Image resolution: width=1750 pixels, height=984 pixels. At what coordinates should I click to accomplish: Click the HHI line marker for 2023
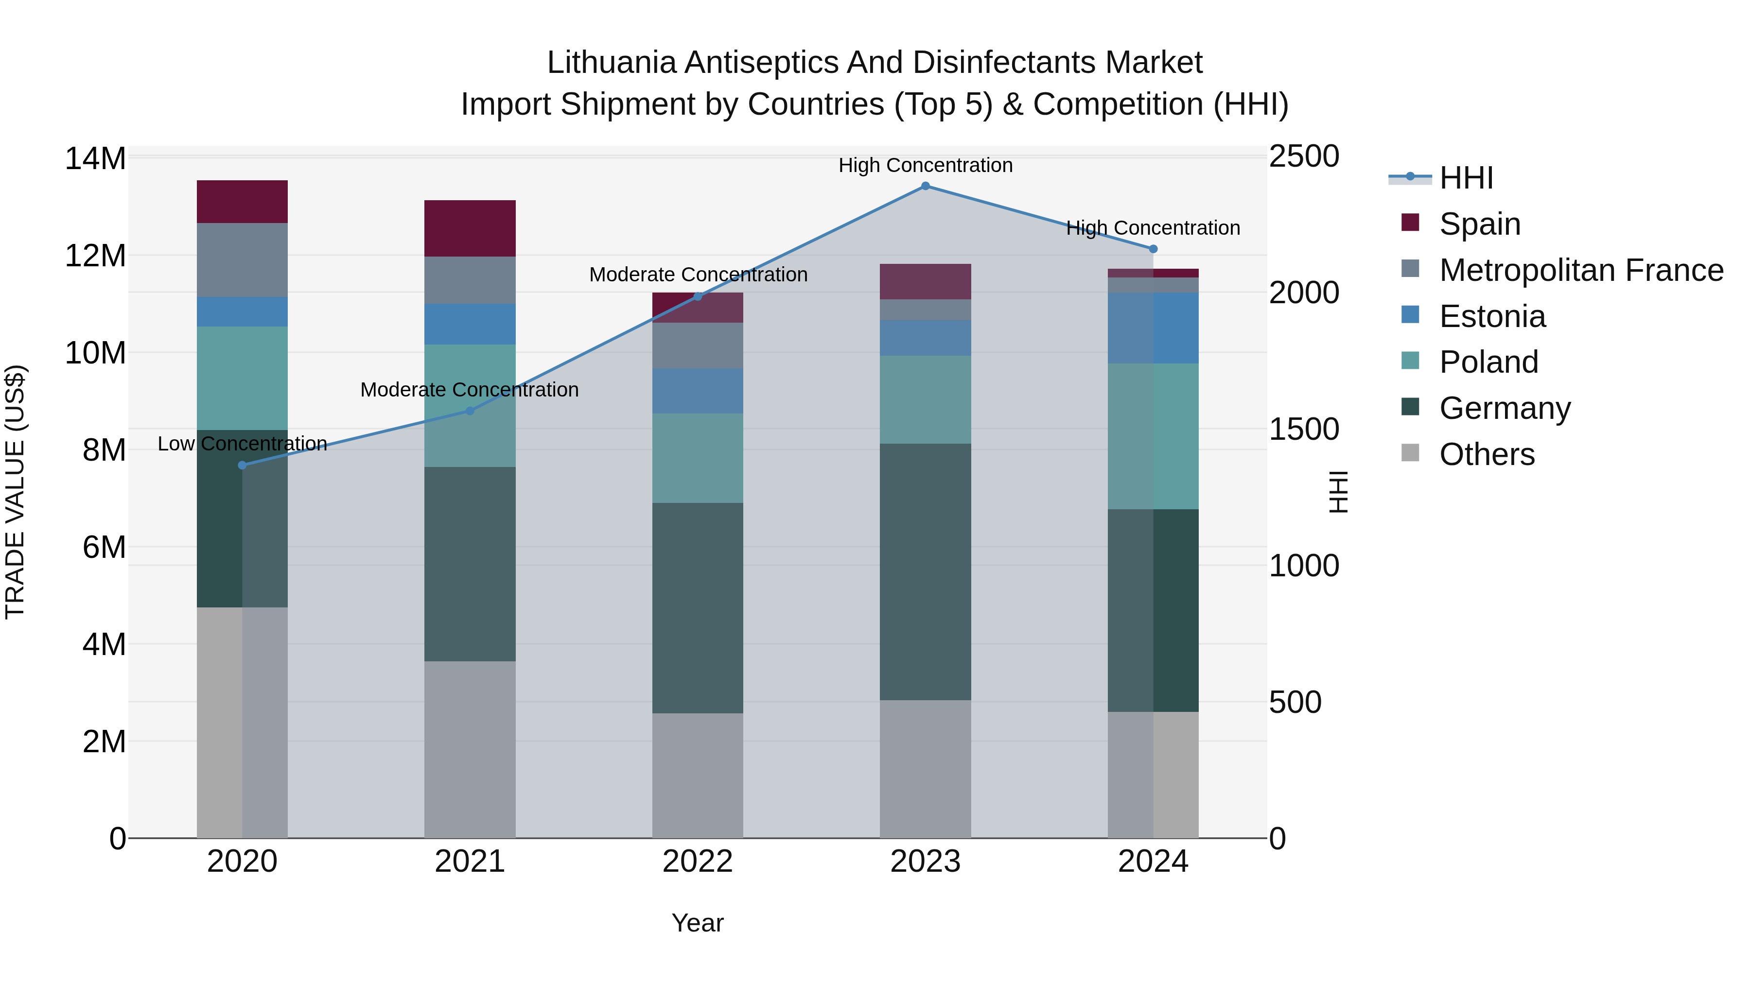click(x=925, y=186)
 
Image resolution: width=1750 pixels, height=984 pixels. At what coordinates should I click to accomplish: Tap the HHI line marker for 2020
click(x=243, y=465)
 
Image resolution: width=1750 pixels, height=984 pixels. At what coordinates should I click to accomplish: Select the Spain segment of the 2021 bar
click(x=470, y=228)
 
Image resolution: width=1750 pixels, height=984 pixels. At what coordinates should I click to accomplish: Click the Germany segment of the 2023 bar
click(x=925, y=572)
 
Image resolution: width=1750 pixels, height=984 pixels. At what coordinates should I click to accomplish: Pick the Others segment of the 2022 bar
click(x=697, y=776)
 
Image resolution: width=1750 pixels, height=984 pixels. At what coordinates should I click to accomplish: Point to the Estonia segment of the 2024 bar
click(x=1153, y=328)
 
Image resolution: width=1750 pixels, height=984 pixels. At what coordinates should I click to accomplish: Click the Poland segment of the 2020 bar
click(x=243, y=378)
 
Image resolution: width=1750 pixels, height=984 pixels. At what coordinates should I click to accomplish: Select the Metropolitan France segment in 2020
click(x=243, y=260)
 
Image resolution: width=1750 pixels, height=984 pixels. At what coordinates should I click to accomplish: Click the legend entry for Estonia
click(x=1492, y=316)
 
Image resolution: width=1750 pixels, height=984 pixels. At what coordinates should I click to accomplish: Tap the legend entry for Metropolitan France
click(x=1580, y=270)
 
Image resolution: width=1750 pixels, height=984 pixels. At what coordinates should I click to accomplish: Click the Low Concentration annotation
click(x=243, y=444)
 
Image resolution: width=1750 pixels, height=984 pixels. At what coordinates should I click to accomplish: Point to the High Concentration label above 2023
click(x=925, y=165)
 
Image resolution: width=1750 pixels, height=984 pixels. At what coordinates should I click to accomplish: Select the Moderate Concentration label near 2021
click(x=470, y=390)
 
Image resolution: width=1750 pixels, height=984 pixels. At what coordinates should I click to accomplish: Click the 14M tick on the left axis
click(x=95, y=159)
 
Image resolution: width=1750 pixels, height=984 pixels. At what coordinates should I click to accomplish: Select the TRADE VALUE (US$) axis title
click(x=15, y=492)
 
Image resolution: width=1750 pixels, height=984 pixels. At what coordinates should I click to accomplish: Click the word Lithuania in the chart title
click(x=612, y=63)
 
